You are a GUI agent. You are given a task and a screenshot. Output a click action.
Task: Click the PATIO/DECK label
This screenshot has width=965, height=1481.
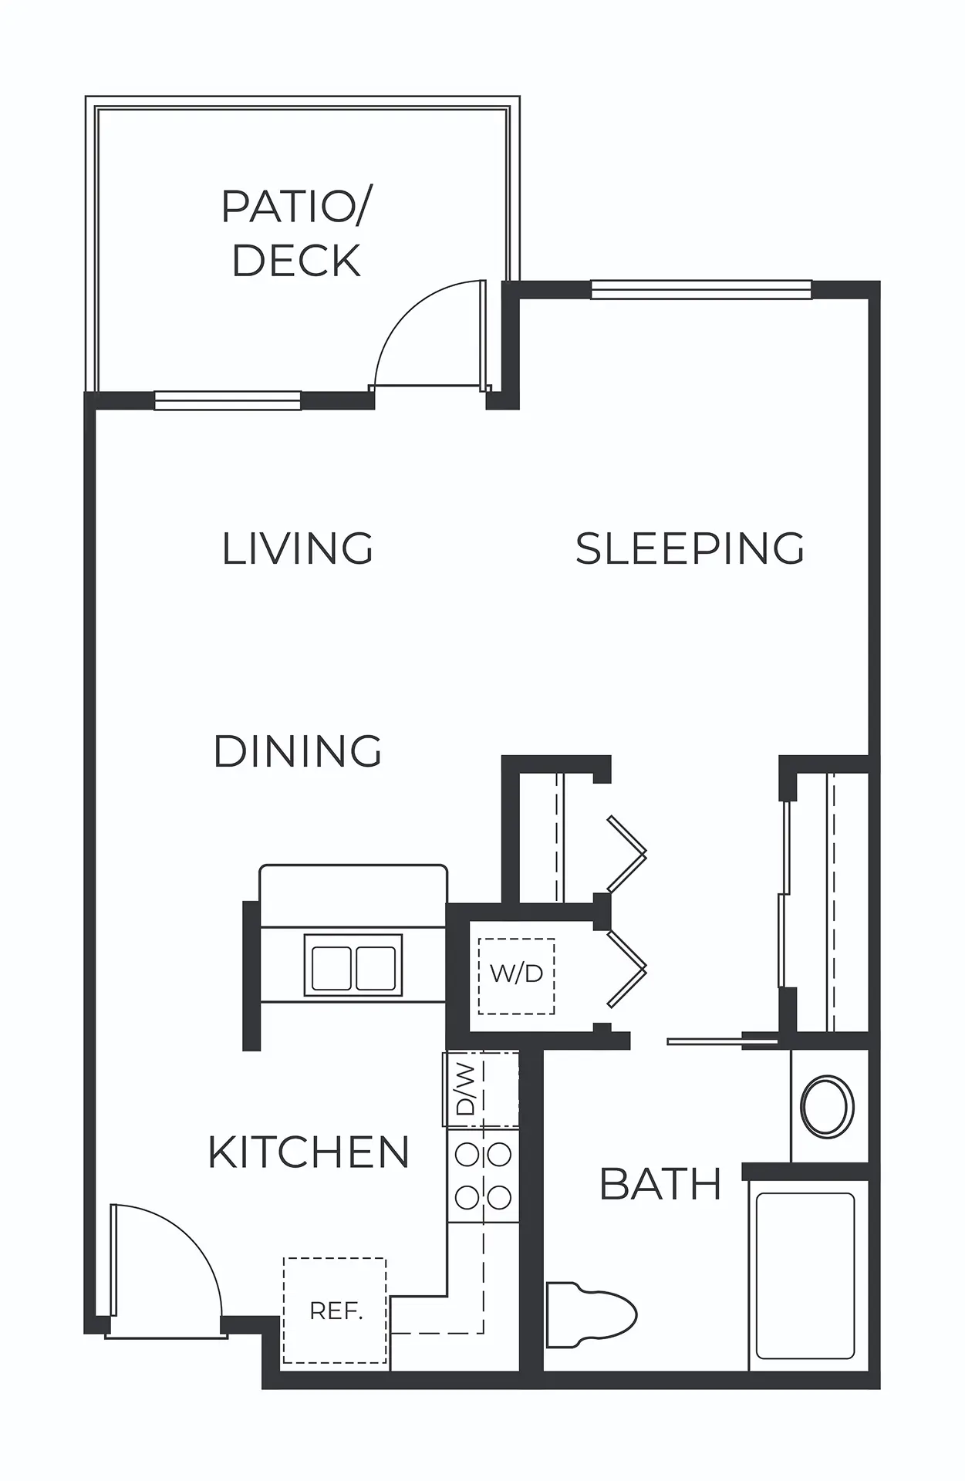296,233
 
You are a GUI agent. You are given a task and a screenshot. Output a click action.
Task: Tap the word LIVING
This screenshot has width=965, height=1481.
298,548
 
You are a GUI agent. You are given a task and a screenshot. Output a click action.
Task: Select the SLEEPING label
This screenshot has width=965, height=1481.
690,548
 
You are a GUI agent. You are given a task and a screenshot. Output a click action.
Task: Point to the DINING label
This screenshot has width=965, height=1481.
298,751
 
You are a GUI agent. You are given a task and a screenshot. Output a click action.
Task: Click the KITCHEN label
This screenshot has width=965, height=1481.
309,1152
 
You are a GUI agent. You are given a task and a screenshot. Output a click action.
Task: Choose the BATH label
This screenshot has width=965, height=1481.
660,1184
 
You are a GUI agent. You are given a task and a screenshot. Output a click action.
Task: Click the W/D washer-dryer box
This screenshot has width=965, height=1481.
516,976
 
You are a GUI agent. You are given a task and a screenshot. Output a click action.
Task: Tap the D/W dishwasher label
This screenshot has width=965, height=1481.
466,1088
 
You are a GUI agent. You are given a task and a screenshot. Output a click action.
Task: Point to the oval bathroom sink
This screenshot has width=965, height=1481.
828,1106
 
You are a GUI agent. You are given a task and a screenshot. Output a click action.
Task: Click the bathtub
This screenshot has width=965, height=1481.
806,1276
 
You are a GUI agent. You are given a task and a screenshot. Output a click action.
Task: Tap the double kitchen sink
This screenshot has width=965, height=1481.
353,965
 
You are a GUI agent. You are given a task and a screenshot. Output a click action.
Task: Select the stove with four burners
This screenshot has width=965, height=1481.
484,1176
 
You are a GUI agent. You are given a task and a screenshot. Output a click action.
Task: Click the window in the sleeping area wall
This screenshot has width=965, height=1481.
701,290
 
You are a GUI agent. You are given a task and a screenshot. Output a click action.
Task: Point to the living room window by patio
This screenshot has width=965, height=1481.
228,400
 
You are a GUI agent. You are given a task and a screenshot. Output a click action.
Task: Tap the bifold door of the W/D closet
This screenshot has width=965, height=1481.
626,969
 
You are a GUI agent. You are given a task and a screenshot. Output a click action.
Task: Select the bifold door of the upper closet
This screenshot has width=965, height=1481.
626,853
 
